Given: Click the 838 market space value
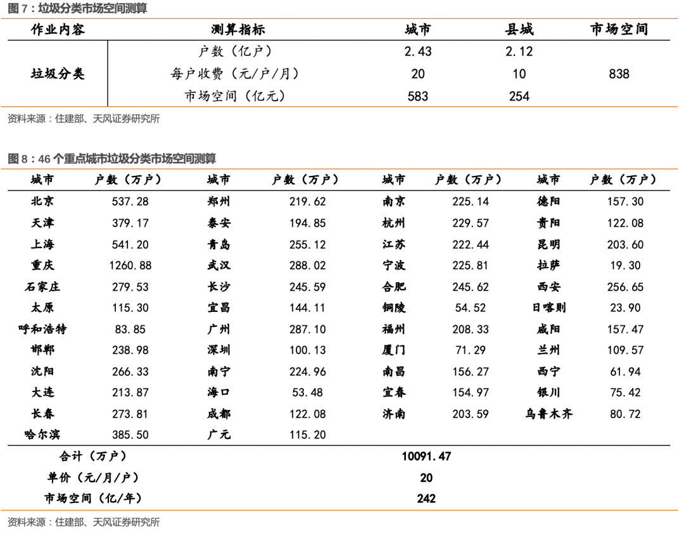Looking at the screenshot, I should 619,74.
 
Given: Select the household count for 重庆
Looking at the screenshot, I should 130,266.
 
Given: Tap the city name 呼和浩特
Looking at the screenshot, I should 42,329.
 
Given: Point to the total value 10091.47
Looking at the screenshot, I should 426,456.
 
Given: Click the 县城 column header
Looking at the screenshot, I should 519,30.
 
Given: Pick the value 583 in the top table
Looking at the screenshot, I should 418,97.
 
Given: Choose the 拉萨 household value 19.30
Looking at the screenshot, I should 625,266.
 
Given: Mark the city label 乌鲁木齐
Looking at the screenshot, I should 548,414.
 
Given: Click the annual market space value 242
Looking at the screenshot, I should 426,499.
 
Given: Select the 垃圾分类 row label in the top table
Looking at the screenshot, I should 58,74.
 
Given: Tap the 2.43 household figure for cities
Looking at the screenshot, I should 418,52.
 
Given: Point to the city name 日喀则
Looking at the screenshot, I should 548,308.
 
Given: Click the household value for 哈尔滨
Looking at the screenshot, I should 130,435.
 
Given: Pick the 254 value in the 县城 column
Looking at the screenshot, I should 519,97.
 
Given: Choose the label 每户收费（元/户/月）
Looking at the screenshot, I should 235,74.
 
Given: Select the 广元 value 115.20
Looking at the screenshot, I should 308,435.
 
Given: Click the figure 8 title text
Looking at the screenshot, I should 111,158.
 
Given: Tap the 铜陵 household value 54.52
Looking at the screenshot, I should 471,308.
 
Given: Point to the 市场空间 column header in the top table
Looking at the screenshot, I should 619,30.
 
